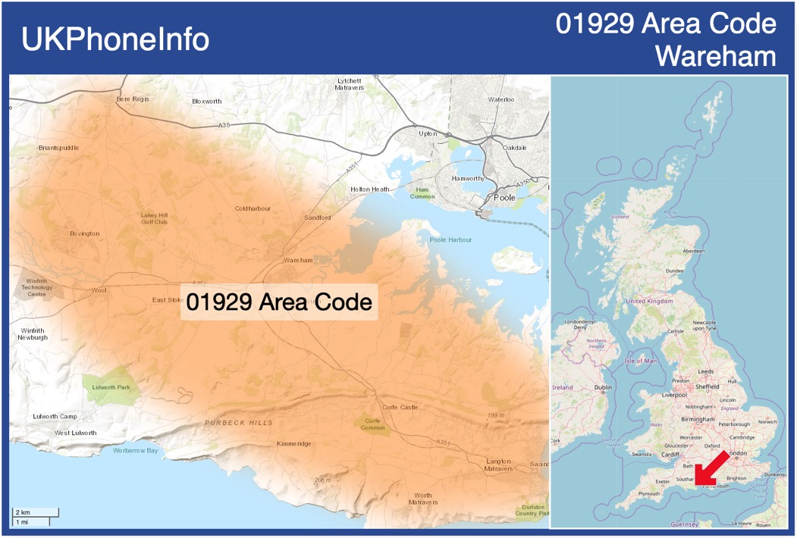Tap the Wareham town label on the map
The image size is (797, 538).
(x=298, y=260)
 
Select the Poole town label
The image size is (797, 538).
(x=504, y=198)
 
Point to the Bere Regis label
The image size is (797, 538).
(x=133, y=99)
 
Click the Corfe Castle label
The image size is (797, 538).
(x=400, y=407)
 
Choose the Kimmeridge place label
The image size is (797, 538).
(x=294, y=443)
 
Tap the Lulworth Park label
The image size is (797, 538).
(x=111, y=387)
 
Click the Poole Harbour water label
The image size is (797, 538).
(x=450, y=239)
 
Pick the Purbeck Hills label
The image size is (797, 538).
(x=238, y=422)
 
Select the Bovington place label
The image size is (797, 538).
(x=84, y=233)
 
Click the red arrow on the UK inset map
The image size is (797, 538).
(x=712, y=468)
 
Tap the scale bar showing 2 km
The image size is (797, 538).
(x=35, y=513)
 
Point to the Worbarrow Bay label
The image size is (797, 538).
(x=136, y=451)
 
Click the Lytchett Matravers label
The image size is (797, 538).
(x=350, y=83)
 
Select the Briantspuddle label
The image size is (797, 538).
(x=58, y=148)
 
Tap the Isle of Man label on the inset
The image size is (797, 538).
(x=640, y=361)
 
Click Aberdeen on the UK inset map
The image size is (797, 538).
(x=693, y=251)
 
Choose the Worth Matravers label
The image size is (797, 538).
(x=423, y=499)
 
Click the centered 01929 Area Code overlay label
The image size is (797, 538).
(x=279, y=302)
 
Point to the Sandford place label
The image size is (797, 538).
(x=318, y=217)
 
